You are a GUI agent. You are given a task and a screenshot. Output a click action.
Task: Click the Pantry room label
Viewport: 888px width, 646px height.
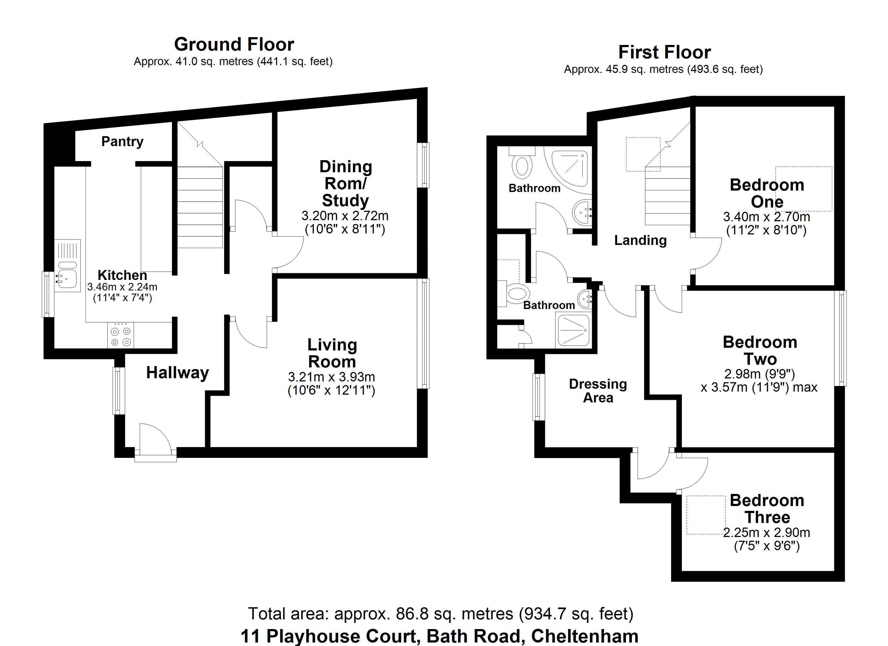pos(122,141)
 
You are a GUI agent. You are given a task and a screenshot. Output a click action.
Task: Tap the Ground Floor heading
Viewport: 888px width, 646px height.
pos(234,44)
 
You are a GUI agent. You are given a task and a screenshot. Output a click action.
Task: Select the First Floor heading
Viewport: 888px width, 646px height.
pos(664,52)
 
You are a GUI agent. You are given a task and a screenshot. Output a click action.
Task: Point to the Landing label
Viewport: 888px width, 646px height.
pos(640,240)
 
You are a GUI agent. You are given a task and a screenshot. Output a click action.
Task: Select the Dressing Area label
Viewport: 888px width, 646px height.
pos(598,391)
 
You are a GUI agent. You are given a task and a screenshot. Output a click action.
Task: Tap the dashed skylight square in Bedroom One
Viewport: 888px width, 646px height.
pos(804,189)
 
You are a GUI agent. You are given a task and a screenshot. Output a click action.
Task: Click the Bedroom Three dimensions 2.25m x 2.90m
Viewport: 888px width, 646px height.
pos(766,533)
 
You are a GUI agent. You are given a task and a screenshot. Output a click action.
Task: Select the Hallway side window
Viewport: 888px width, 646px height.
pos(119,391)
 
